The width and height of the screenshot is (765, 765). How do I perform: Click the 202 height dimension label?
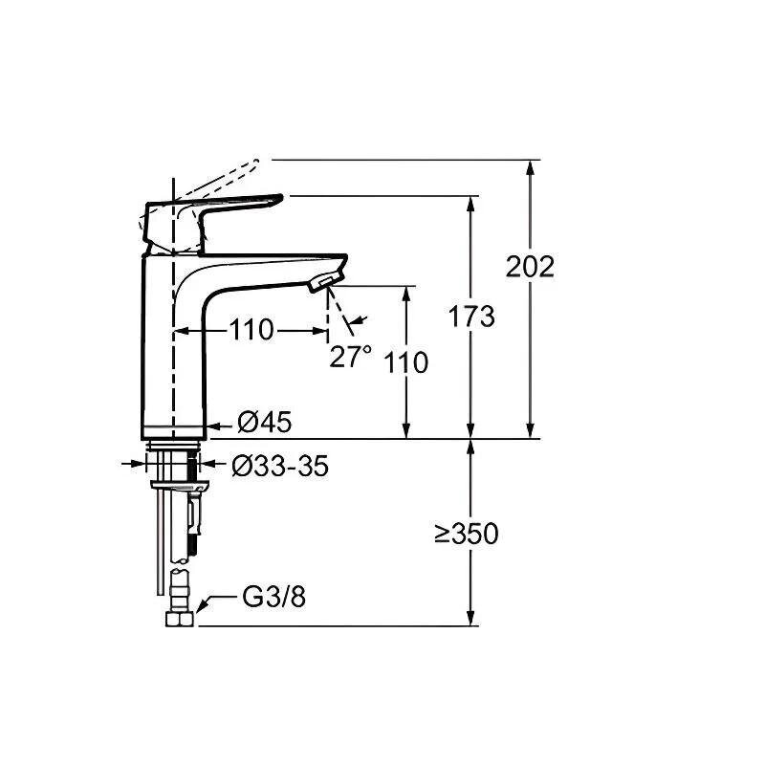click(530, 267)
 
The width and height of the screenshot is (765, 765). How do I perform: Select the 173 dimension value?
click(471, 317)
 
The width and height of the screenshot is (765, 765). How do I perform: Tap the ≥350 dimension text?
click(467, 534)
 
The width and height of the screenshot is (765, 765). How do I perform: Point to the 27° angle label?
click(350, 356)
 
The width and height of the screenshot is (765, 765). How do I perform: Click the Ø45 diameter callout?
click(265, 422)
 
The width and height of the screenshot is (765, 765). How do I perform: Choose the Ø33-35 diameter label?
click(280, 467)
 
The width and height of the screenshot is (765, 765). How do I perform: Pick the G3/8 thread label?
click(273, 597)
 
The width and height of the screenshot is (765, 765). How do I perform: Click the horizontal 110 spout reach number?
click(251, 330)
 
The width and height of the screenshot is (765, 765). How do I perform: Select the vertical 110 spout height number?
click(405, 362)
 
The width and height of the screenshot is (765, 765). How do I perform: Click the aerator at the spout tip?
click(322, 282)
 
